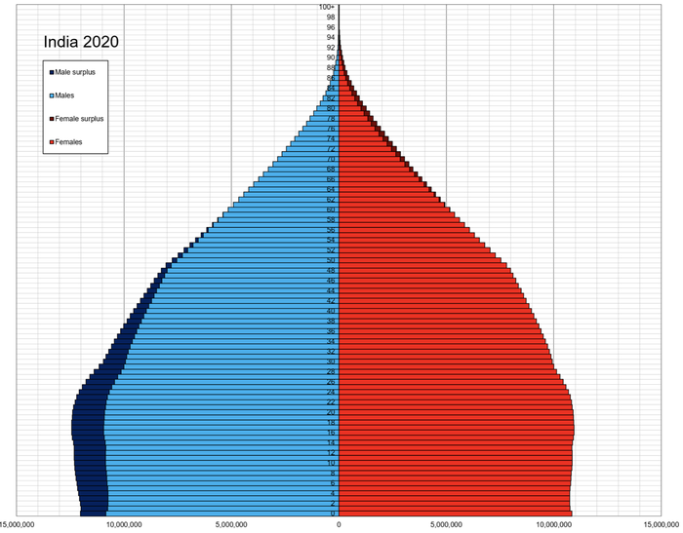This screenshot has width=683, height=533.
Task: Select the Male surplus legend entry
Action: pos(81,72)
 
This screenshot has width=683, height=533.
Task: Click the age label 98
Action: pos(331,17)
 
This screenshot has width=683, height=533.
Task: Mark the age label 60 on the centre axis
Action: pos(331,209)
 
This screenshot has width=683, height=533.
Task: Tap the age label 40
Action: pos(331,311)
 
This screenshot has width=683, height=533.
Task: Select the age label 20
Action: pos(331,412)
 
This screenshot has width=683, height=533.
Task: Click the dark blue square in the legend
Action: pos(51,72)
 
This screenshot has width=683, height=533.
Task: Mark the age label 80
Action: pos(331,108)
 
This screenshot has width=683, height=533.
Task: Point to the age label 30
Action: pos(331,362)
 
